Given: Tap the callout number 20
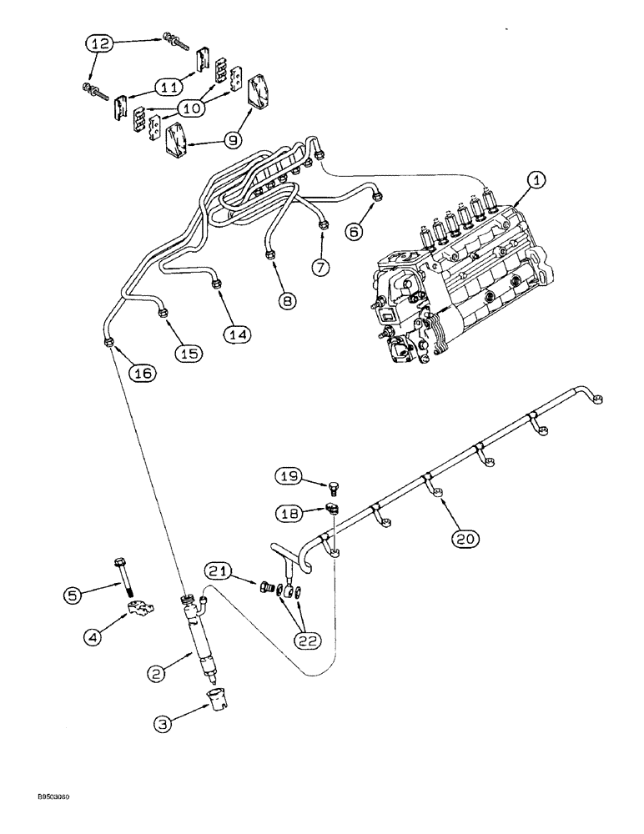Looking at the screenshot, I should (x=466, y=538).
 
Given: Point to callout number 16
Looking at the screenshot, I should (x=143, y=374).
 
